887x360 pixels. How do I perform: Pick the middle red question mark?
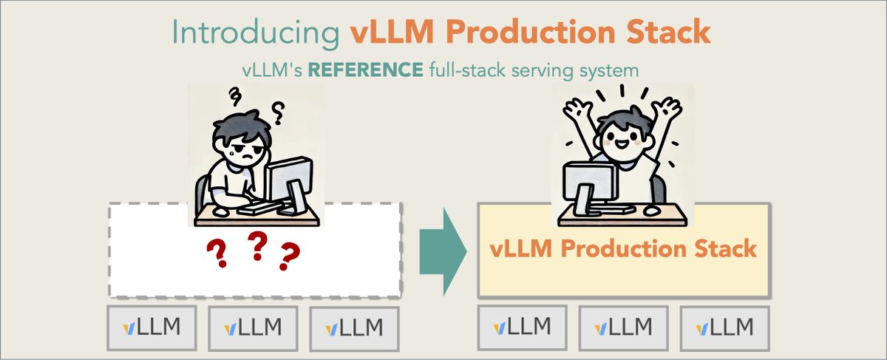click(256, 245)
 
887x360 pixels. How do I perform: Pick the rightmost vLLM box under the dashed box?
click(354, 327)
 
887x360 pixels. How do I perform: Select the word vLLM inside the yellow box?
click(519, 248)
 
